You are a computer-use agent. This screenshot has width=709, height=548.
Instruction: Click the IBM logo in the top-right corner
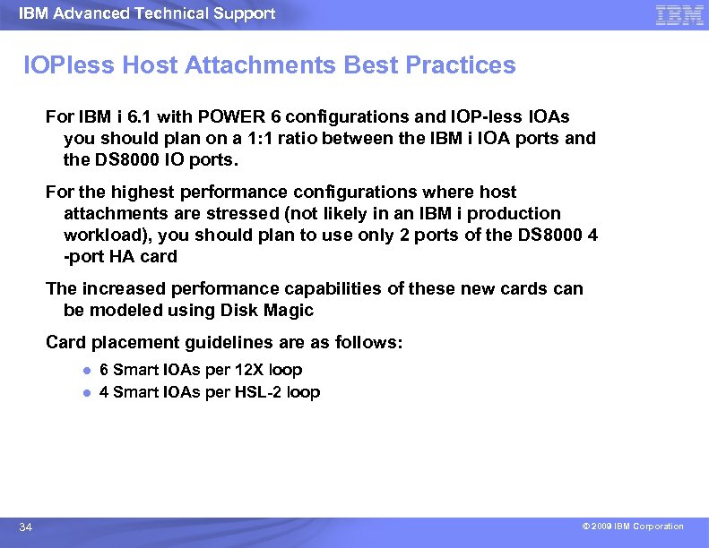(679, 15)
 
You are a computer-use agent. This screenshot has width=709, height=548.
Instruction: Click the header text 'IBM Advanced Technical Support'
(147, 13)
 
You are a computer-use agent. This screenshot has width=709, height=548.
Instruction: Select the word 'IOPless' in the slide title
(68, 65)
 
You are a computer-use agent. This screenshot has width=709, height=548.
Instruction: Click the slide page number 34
(26, 527)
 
